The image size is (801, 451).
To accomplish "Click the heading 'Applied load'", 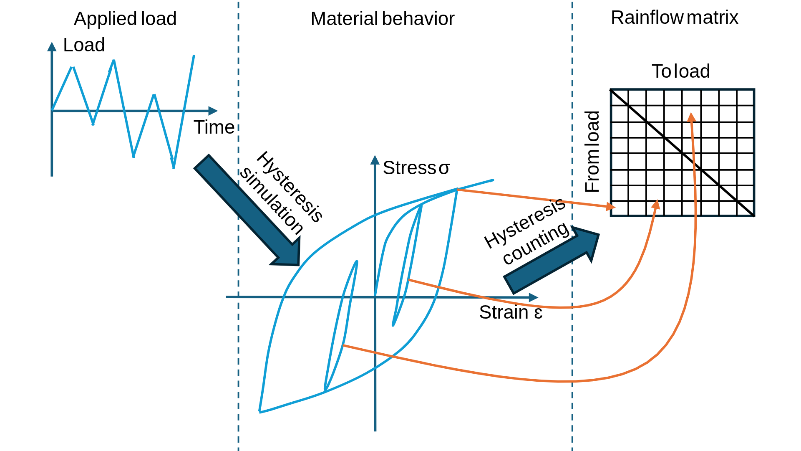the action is click(125, 19).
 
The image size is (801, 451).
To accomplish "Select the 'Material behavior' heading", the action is click(383, 19).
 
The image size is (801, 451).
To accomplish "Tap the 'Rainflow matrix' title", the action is click(675, 18).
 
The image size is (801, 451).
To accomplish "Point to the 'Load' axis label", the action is click(84, 45).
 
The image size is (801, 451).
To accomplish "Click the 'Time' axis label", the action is click(214, 127).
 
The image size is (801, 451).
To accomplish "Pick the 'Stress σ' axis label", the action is click(416, 168).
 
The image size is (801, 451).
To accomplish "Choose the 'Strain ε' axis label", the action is click(511, 312).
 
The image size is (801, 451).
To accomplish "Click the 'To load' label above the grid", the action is click(681, 71).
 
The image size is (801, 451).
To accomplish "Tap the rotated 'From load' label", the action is click(592, 152).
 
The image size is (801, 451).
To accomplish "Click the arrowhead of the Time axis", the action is click(213, 111).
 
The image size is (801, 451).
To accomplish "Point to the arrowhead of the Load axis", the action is click(52, 46).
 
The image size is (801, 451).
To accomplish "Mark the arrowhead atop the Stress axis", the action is click(375, 160).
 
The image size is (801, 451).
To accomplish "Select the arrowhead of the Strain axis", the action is click(534, 298).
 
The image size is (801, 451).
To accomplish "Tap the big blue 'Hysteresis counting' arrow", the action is click(552, 260).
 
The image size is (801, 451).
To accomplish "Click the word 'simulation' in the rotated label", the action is click(271, 201).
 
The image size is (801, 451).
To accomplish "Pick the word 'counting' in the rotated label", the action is click(537, 243).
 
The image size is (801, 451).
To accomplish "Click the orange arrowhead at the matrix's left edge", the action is click(611, 206).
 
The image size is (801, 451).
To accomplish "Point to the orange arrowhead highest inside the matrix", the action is click(691, 117).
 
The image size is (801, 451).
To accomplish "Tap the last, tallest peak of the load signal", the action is click(194, 55).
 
